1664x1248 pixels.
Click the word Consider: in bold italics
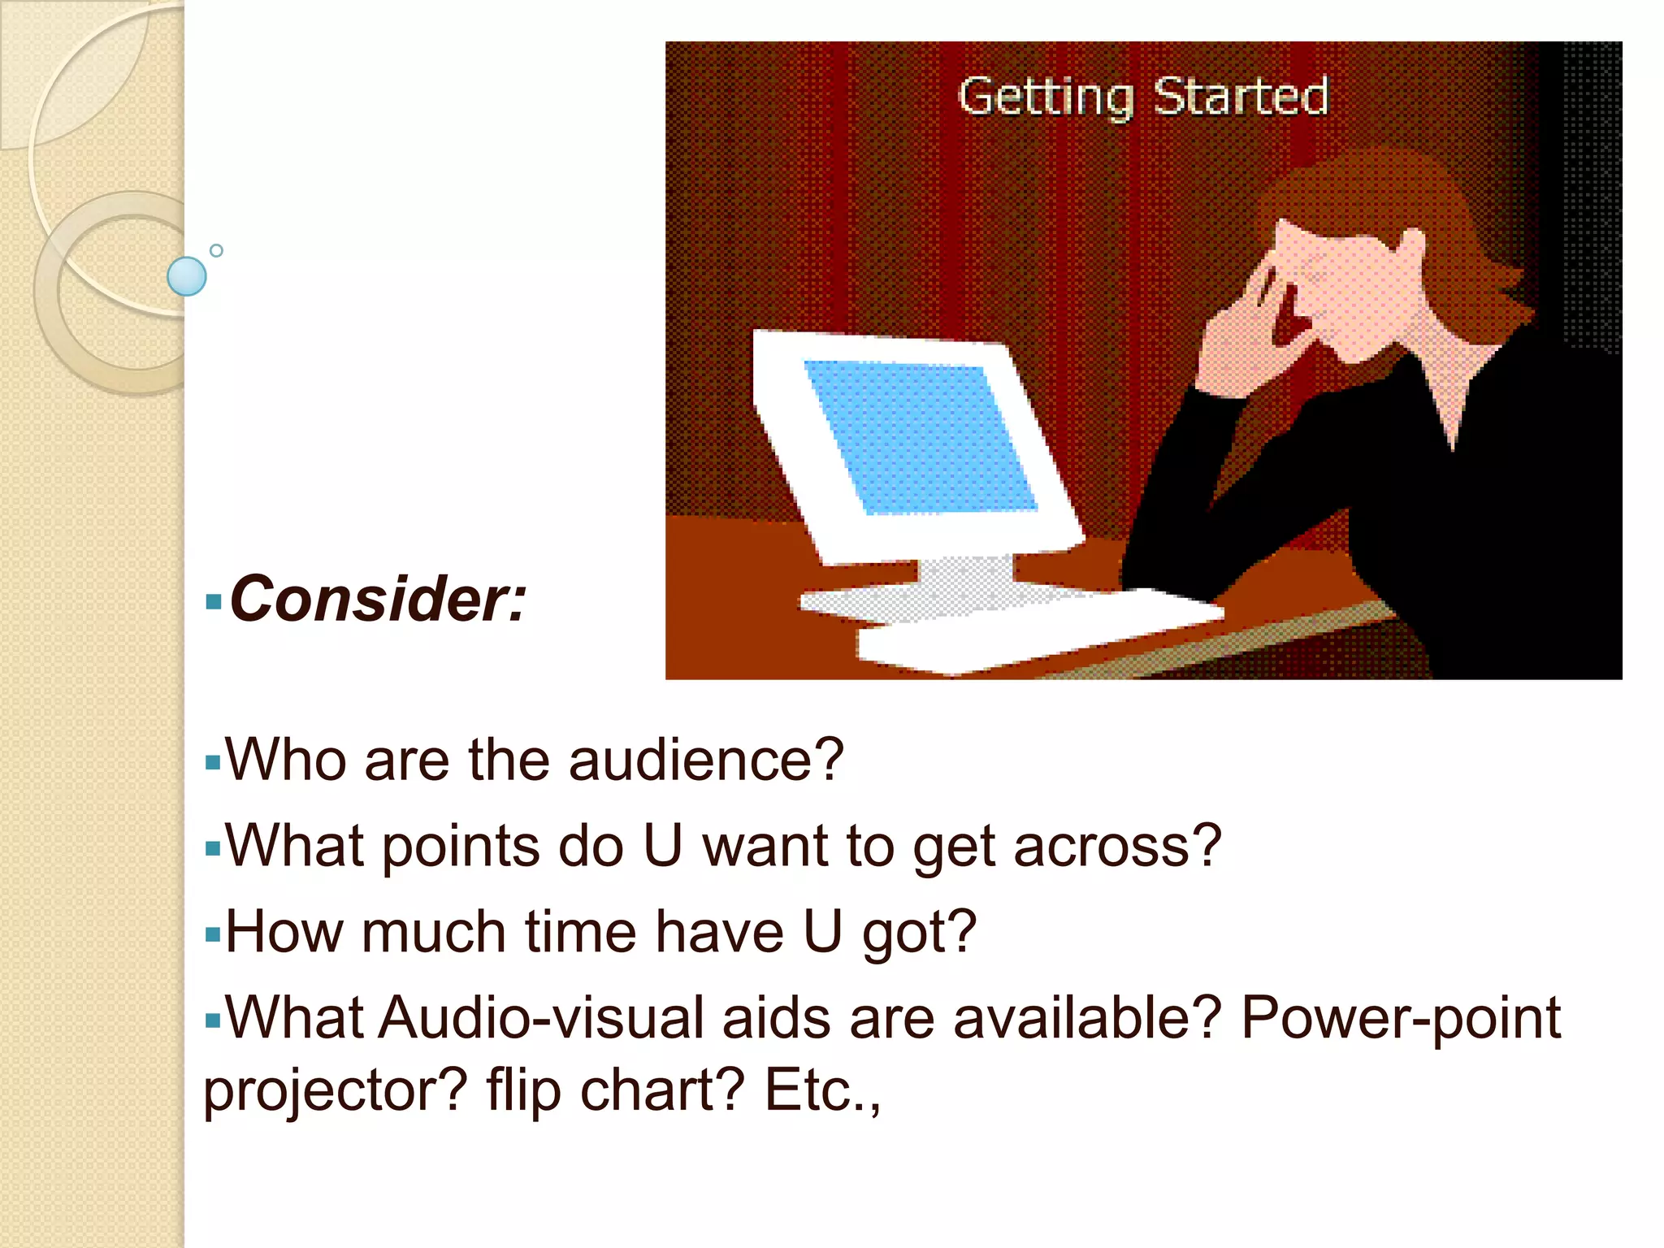click(x=379, y=600)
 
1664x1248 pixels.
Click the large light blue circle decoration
click(x=187, y=276)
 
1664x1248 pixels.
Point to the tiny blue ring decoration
click(x=216, y=250)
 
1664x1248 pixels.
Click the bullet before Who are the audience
click(x=213, y=763)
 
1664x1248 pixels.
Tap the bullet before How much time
click(x=213, y=934)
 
